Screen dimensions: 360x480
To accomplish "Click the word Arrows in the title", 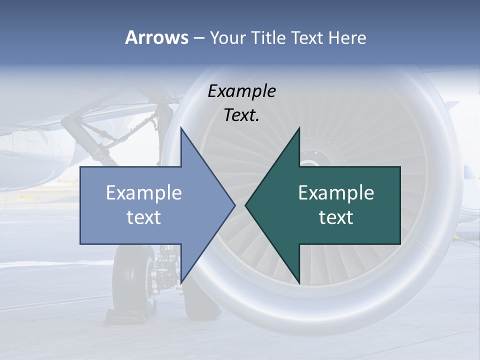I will pyautogui.click(x=156, y=37).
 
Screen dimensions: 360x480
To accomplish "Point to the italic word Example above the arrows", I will pyautogui.click(x=242, y=91).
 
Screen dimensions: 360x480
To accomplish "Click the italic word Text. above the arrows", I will pyautogui.click(x=242, y=115).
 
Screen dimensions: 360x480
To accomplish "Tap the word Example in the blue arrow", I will pyautogui.click(x=144, y=192).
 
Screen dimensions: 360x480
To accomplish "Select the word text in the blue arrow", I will pyautogui.click(x=144, y=217).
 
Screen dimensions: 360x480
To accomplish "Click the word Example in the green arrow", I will pyautogui.click(x=336, y=192).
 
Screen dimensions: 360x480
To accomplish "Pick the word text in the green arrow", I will pyautogui.click(x=336, y=217).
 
